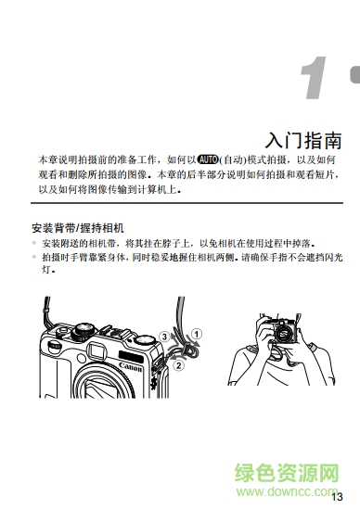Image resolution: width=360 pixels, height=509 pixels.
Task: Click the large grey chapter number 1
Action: click(x=314, y=78)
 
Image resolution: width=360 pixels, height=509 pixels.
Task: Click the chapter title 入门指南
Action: click(x=303, y=141)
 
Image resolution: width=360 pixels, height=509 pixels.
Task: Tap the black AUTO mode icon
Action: click(x=208, y=159)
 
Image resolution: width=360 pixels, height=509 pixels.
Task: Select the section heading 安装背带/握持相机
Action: click(x=78, y=228)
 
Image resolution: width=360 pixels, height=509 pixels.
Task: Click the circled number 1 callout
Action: click(x=197, y=334)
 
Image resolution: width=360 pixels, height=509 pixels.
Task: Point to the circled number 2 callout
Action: click(x=178, y=365)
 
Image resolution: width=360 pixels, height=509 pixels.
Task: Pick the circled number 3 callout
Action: click(x=164, y=337)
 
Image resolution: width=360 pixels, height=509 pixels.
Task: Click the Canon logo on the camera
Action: click(x=130, y=367)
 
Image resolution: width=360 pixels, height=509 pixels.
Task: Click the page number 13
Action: click(x=337, y=497)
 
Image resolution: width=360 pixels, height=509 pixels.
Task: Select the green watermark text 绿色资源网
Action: click(x=287, y=473)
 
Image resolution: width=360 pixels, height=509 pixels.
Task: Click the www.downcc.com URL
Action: click(x=287, y=491)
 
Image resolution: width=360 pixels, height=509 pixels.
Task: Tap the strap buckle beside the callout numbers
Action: click(x=187, y=350)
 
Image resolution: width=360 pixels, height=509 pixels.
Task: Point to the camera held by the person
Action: click(x=282, y=331)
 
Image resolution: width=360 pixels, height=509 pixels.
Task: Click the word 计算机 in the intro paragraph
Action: click(x=152, y=189)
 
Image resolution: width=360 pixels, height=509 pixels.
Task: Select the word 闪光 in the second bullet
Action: click(x=333, y=258)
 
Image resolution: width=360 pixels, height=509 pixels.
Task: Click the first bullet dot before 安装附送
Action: click(x=34, y=243)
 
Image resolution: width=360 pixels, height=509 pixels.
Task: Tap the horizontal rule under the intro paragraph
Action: click(x=186, y=203)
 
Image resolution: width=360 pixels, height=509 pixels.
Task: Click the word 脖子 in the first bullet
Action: click(x=172, y=243)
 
